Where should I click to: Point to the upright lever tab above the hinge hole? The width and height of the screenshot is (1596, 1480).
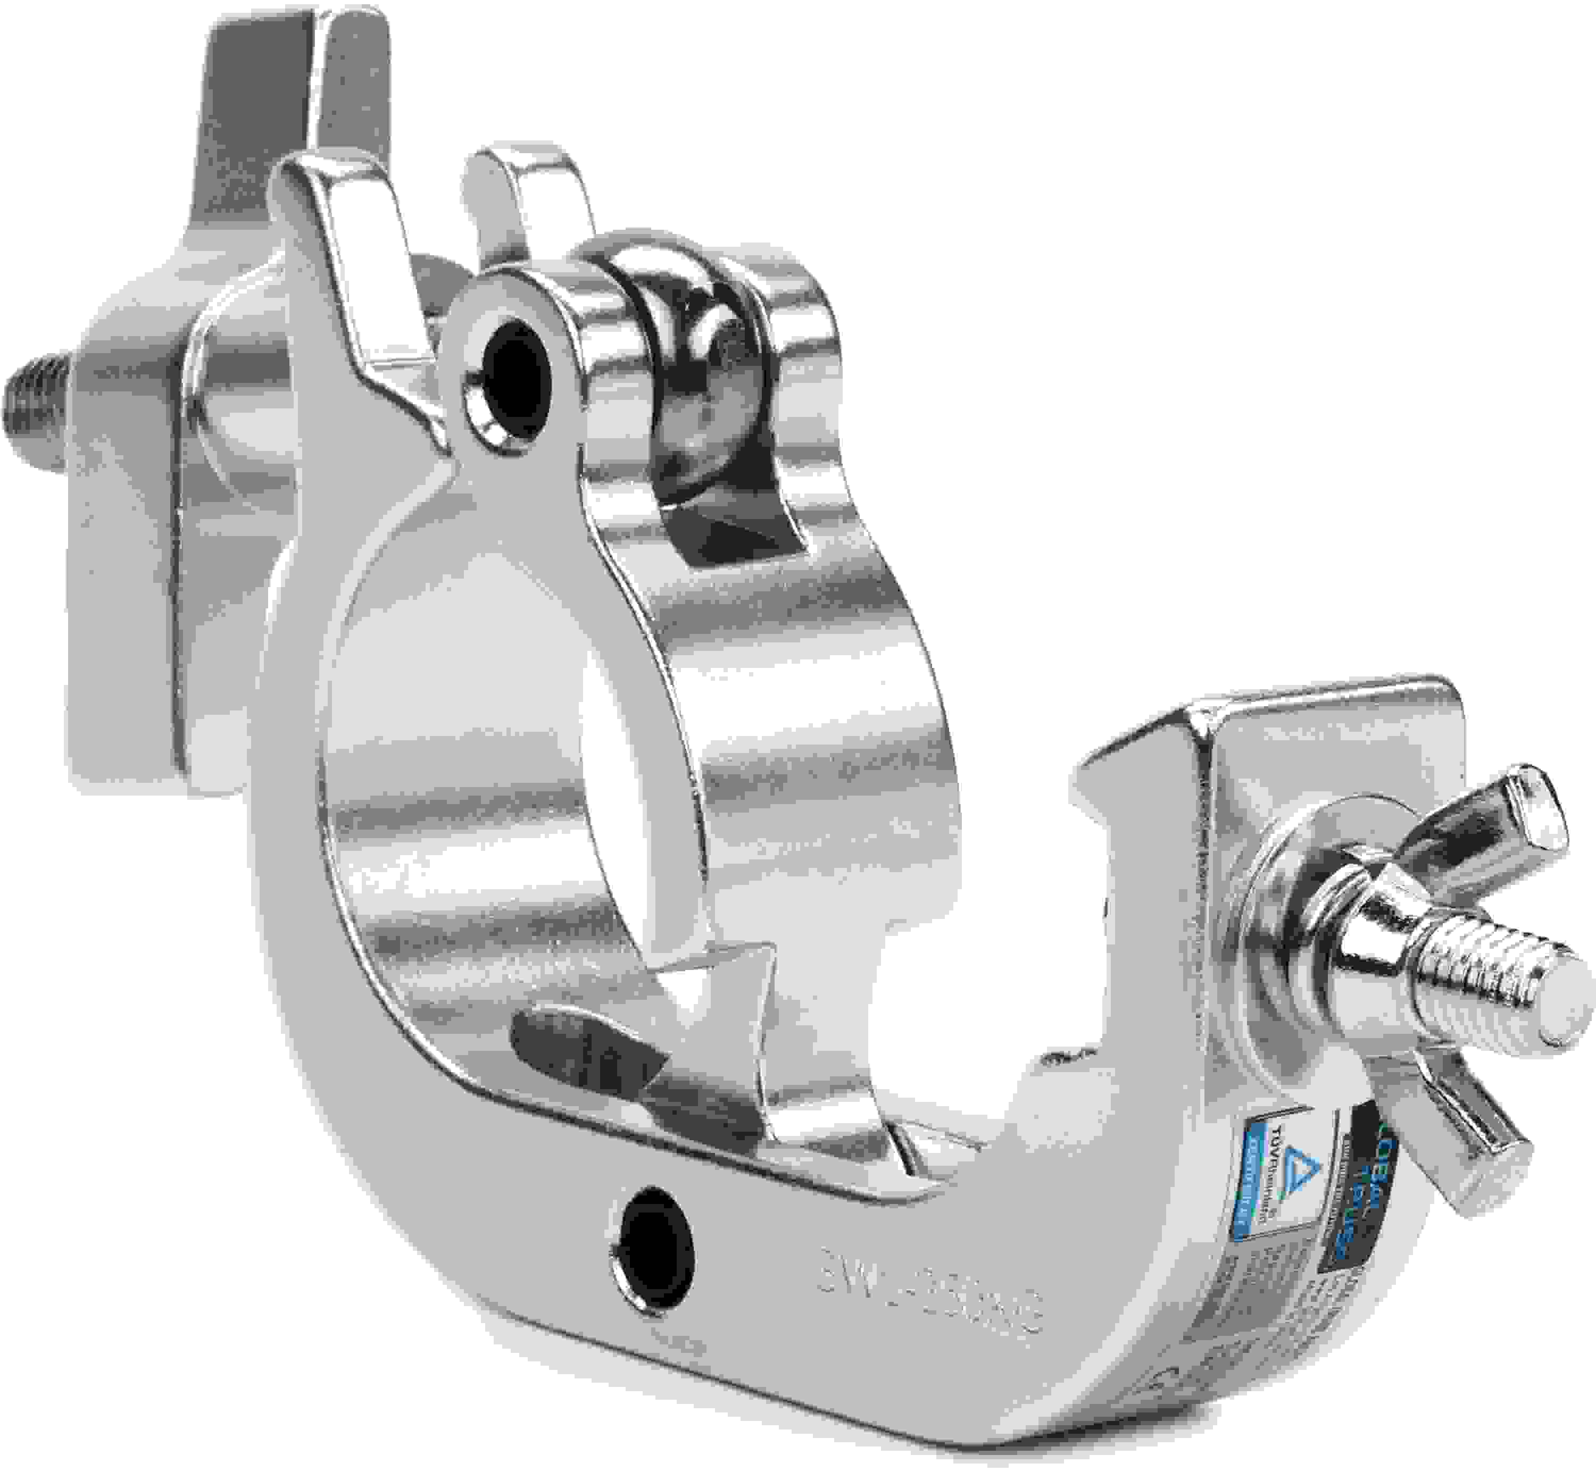345,240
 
